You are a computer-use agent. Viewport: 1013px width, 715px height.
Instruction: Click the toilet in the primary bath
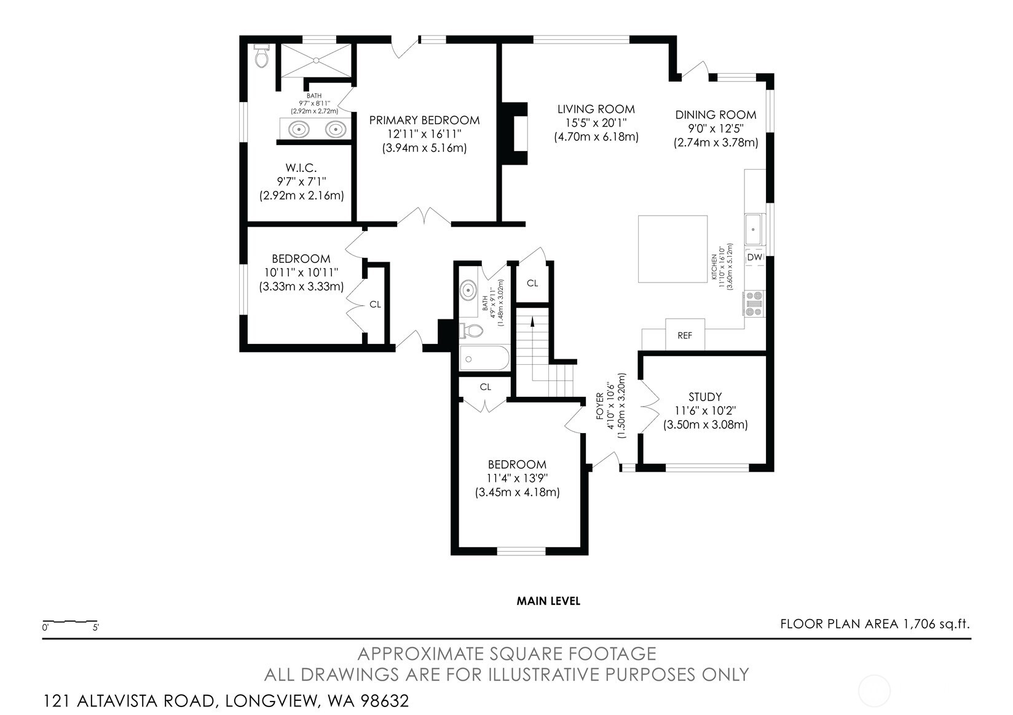coord(261,56)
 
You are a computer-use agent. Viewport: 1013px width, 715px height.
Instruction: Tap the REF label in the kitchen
coord(685,335)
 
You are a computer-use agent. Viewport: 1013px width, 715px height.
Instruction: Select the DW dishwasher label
coord(754,257)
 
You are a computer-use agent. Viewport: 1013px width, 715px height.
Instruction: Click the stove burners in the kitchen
coord(754,303)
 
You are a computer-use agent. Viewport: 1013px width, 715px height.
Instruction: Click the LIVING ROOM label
coord(596,109)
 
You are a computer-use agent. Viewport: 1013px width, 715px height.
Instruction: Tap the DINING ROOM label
coord(716,115)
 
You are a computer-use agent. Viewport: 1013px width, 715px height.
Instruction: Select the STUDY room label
coord(705,397)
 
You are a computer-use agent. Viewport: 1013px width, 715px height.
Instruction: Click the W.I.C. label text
coord(301,168)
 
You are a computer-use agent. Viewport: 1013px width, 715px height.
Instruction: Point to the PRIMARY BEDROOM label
coord(424,120)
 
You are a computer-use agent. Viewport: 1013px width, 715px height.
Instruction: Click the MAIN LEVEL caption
coord(548,601)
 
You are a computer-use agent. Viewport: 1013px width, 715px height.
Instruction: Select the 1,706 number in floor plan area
coord(919,623)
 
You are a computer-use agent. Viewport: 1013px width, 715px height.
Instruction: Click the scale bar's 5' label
coord(95,627)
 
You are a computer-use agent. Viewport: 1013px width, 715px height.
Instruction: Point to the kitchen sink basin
coord(753,229)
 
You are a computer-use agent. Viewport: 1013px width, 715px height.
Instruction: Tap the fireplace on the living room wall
coord(514,134)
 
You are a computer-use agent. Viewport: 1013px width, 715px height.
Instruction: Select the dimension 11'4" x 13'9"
coord(517,478)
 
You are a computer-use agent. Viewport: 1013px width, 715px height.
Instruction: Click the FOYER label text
coord(600,406)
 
